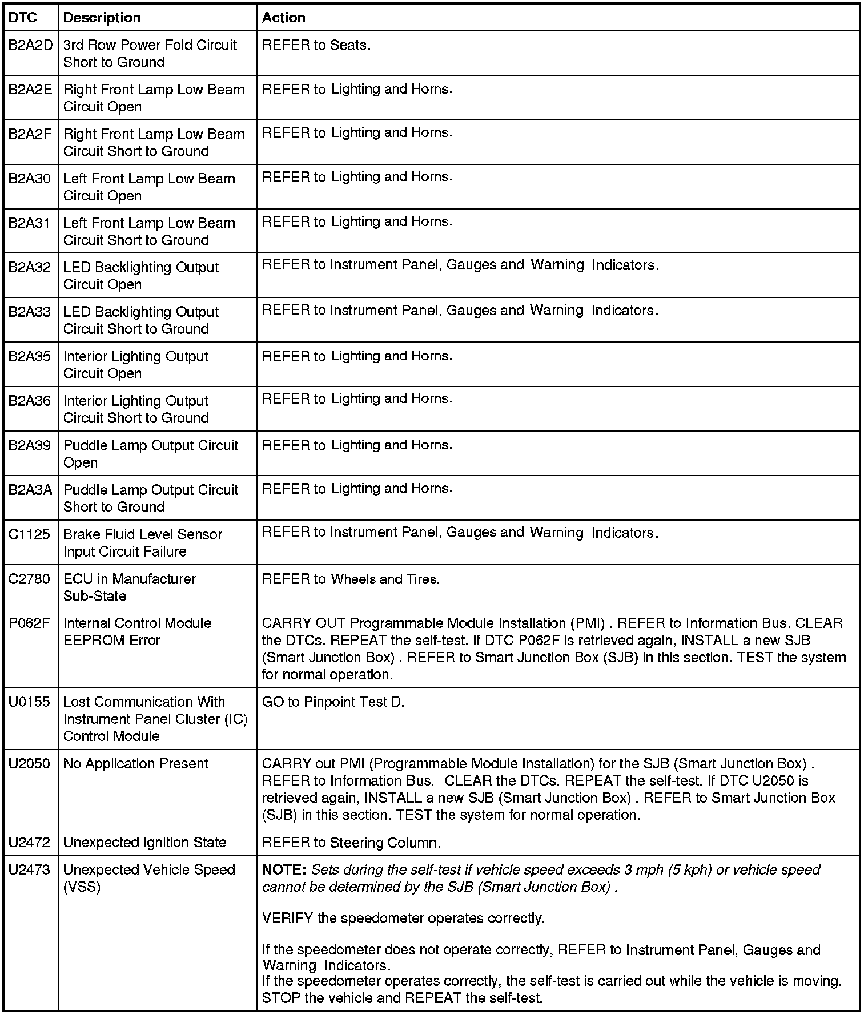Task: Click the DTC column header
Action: [23, 18]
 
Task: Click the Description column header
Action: [102, 18]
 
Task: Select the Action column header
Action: [283, 18]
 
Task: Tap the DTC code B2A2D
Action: [30, 45]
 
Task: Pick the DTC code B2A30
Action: [30, 179]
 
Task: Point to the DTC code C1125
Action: [29, 535]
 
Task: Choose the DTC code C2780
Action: [30, 579]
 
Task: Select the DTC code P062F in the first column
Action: [30, 623]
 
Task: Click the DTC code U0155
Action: [29, 702]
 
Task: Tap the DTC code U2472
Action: [30, 843]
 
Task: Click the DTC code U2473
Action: [30, 870]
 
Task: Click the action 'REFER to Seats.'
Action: [316, 45]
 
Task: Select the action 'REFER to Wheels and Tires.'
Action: [351, 579]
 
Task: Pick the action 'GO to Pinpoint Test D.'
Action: [333, 702]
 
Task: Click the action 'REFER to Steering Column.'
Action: [351, 843]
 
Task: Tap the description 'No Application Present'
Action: [136, 764]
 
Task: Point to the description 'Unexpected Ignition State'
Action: [144, 843]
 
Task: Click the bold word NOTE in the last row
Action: [284, 870]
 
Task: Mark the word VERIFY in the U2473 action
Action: [287, 919]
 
